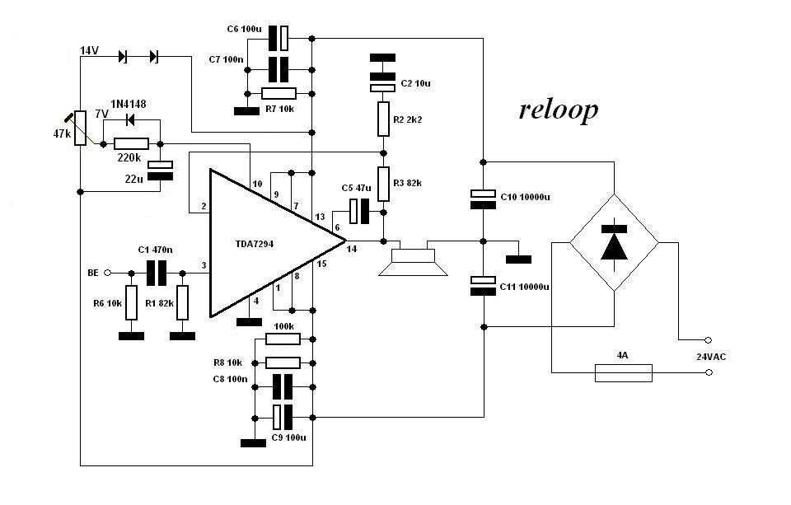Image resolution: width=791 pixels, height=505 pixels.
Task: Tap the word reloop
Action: (x=558, y=110)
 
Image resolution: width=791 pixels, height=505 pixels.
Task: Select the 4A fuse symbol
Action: (x=623, y=373)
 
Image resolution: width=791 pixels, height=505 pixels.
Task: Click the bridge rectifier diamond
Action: (x=615, y=242)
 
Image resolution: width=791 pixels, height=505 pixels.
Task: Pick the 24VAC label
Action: (x=709, y=357)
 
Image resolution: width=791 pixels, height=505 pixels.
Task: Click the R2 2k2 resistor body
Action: (x=383, y=119)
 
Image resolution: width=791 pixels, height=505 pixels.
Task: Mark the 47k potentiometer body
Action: (x=80, y=129)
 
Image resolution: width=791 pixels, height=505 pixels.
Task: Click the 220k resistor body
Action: (x=131, y=144)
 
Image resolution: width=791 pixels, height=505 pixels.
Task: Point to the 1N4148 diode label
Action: (x=128, y=104)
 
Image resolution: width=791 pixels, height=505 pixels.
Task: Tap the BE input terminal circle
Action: (x=108, y=272)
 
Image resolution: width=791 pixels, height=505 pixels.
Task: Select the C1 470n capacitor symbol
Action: (x=157, y=272)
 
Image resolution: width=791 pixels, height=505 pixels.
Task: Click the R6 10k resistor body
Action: (x=130, y=302)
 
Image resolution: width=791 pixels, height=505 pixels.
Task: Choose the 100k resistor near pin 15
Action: (x=283, y=339)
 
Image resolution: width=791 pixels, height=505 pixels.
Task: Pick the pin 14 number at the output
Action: (x=352, y=249)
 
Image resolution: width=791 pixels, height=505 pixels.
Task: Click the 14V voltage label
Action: (x=89, y=51)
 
